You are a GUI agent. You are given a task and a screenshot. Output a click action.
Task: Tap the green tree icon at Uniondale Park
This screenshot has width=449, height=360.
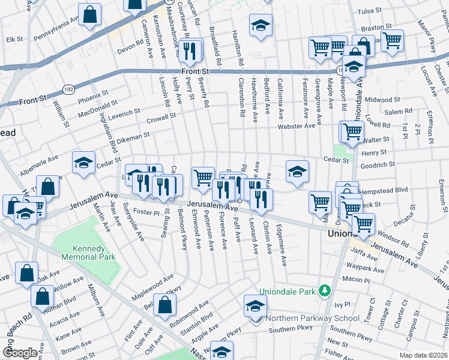click(325, 290)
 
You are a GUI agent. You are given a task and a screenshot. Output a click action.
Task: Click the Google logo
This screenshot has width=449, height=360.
click(20, 353)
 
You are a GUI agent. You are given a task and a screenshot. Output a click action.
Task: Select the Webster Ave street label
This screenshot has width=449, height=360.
click(296, 126)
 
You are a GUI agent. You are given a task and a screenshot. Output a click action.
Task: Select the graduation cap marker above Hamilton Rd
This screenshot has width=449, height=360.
click(260, 26)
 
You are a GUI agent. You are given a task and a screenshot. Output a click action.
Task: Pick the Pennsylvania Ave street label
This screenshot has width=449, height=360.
click(57, 29)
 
